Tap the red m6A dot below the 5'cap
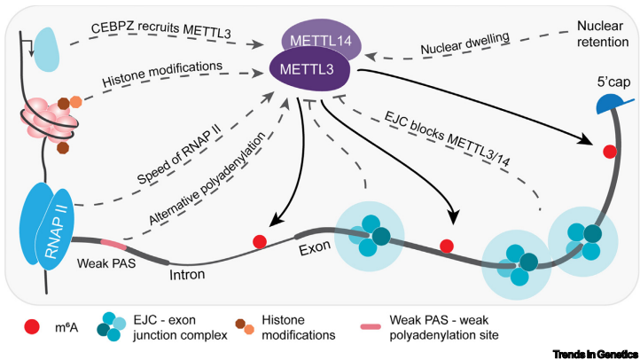click(x=609, y=152)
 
